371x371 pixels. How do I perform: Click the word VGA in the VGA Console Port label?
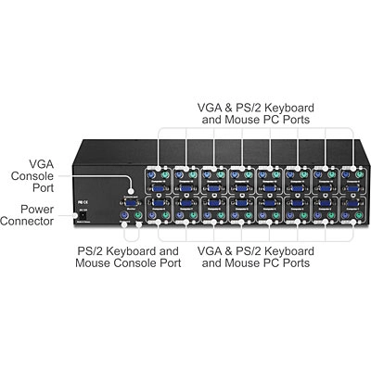point(41,164)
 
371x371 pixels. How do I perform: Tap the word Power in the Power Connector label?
point(37,210)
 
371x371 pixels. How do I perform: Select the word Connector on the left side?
point(27,222)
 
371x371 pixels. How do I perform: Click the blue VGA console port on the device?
point(130,203)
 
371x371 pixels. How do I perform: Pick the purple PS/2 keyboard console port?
point(122,215)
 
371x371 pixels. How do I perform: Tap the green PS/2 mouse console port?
point(139,215)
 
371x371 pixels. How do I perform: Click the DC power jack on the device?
point(83,215)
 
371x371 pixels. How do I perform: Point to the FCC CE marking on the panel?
point(83,202)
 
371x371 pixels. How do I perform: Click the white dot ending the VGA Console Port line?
point(131,191)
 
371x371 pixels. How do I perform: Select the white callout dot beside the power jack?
point(74,215)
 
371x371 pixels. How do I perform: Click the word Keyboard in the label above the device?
point(289,108)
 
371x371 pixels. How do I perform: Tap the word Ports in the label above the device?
point(296,120)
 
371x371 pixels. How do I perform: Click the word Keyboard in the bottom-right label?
point(289,251)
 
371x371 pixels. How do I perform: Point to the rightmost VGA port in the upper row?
point(352,188)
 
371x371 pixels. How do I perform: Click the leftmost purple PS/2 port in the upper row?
point(150,175)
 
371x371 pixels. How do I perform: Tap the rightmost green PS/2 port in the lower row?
point(359,215)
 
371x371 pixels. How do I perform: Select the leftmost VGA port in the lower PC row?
point(158,203)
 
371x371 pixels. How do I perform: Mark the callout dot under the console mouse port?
point(139,224)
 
